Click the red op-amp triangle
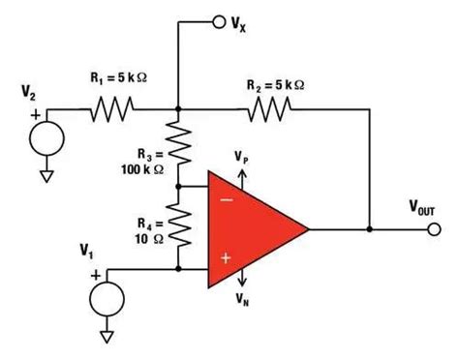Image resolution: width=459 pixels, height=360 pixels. pos(257,229)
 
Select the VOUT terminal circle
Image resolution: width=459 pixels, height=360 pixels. pos(433,229)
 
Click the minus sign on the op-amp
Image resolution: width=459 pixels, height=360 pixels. pos(227,200)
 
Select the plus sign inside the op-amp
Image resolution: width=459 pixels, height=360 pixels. pos(227,257)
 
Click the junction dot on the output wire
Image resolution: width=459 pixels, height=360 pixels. pos(370,229)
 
